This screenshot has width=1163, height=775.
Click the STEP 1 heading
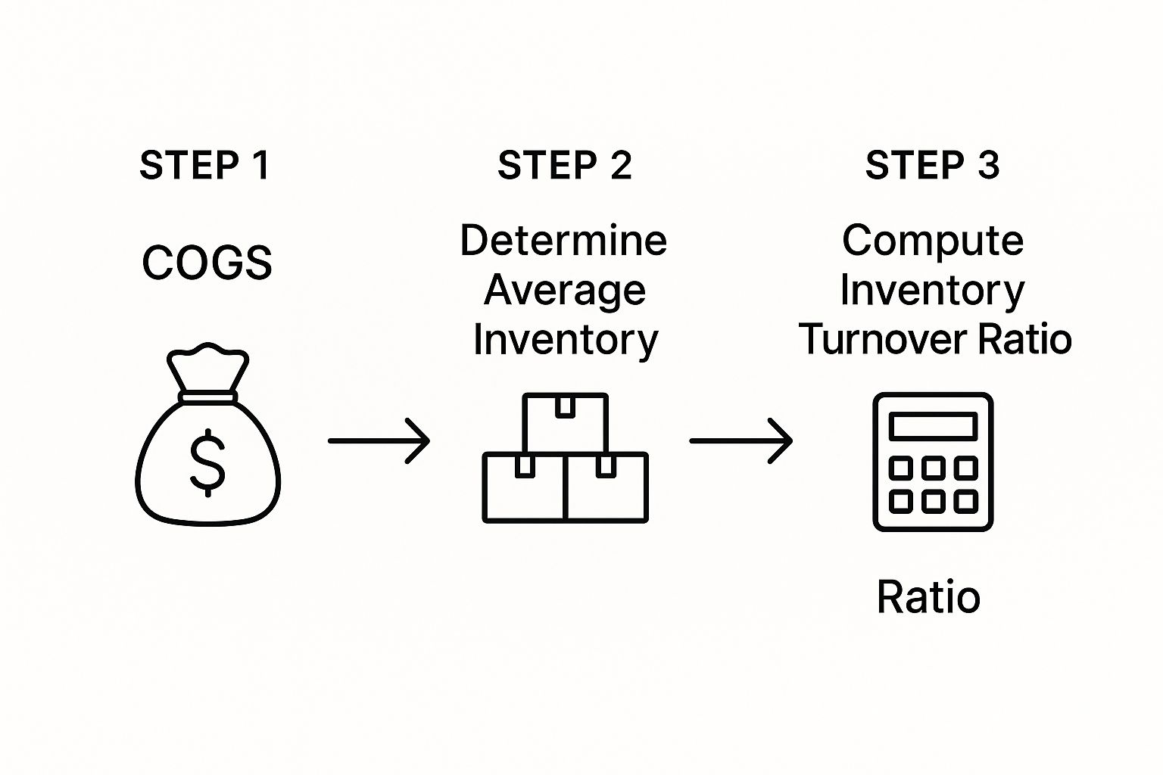204,165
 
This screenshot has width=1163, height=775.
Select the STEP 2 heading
565,165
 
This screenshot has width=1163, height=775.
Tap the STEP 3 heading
932,165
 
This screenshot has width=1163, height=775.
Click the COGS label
207,263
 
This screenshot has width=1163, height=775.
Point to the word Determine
563,241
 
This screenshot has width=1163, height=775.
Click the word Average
565,290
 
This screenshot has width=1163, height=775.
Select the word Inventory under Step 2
566,340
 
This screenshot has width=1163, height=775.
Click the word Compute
933,241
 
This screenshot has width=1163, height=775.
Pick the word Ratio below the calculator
928,597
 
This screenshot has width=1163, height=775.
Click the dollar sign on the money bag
207,462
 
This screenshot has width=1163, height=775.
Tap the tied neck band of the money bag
207,397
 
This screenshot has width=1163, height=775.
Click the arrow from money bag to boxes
379,440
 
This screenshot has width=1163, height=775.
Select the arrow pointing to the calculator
741,440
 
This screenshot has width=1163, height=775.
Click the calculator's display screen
933,426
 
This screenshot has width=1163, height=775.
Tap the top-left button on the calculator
900,468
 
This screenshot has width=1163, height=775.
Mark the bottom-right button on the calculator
965,501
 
